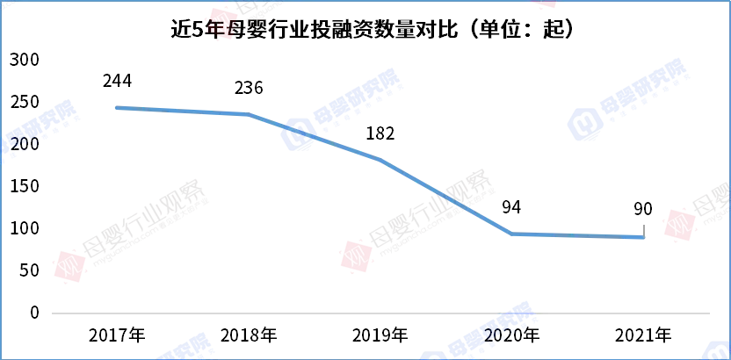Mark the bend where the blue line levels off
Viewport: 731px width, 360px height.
click(x=512, y=234)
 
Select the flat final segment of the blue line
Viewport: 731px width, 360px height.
click(x=580, y=235)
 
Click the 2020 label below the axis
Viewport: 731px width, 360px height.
click(x=501, y=335)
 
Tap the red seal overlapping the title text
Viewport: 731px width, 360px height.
click(x=221, y=23)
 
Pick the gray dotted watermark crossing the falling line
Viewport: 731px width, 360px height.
click(x=431, y=211)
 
